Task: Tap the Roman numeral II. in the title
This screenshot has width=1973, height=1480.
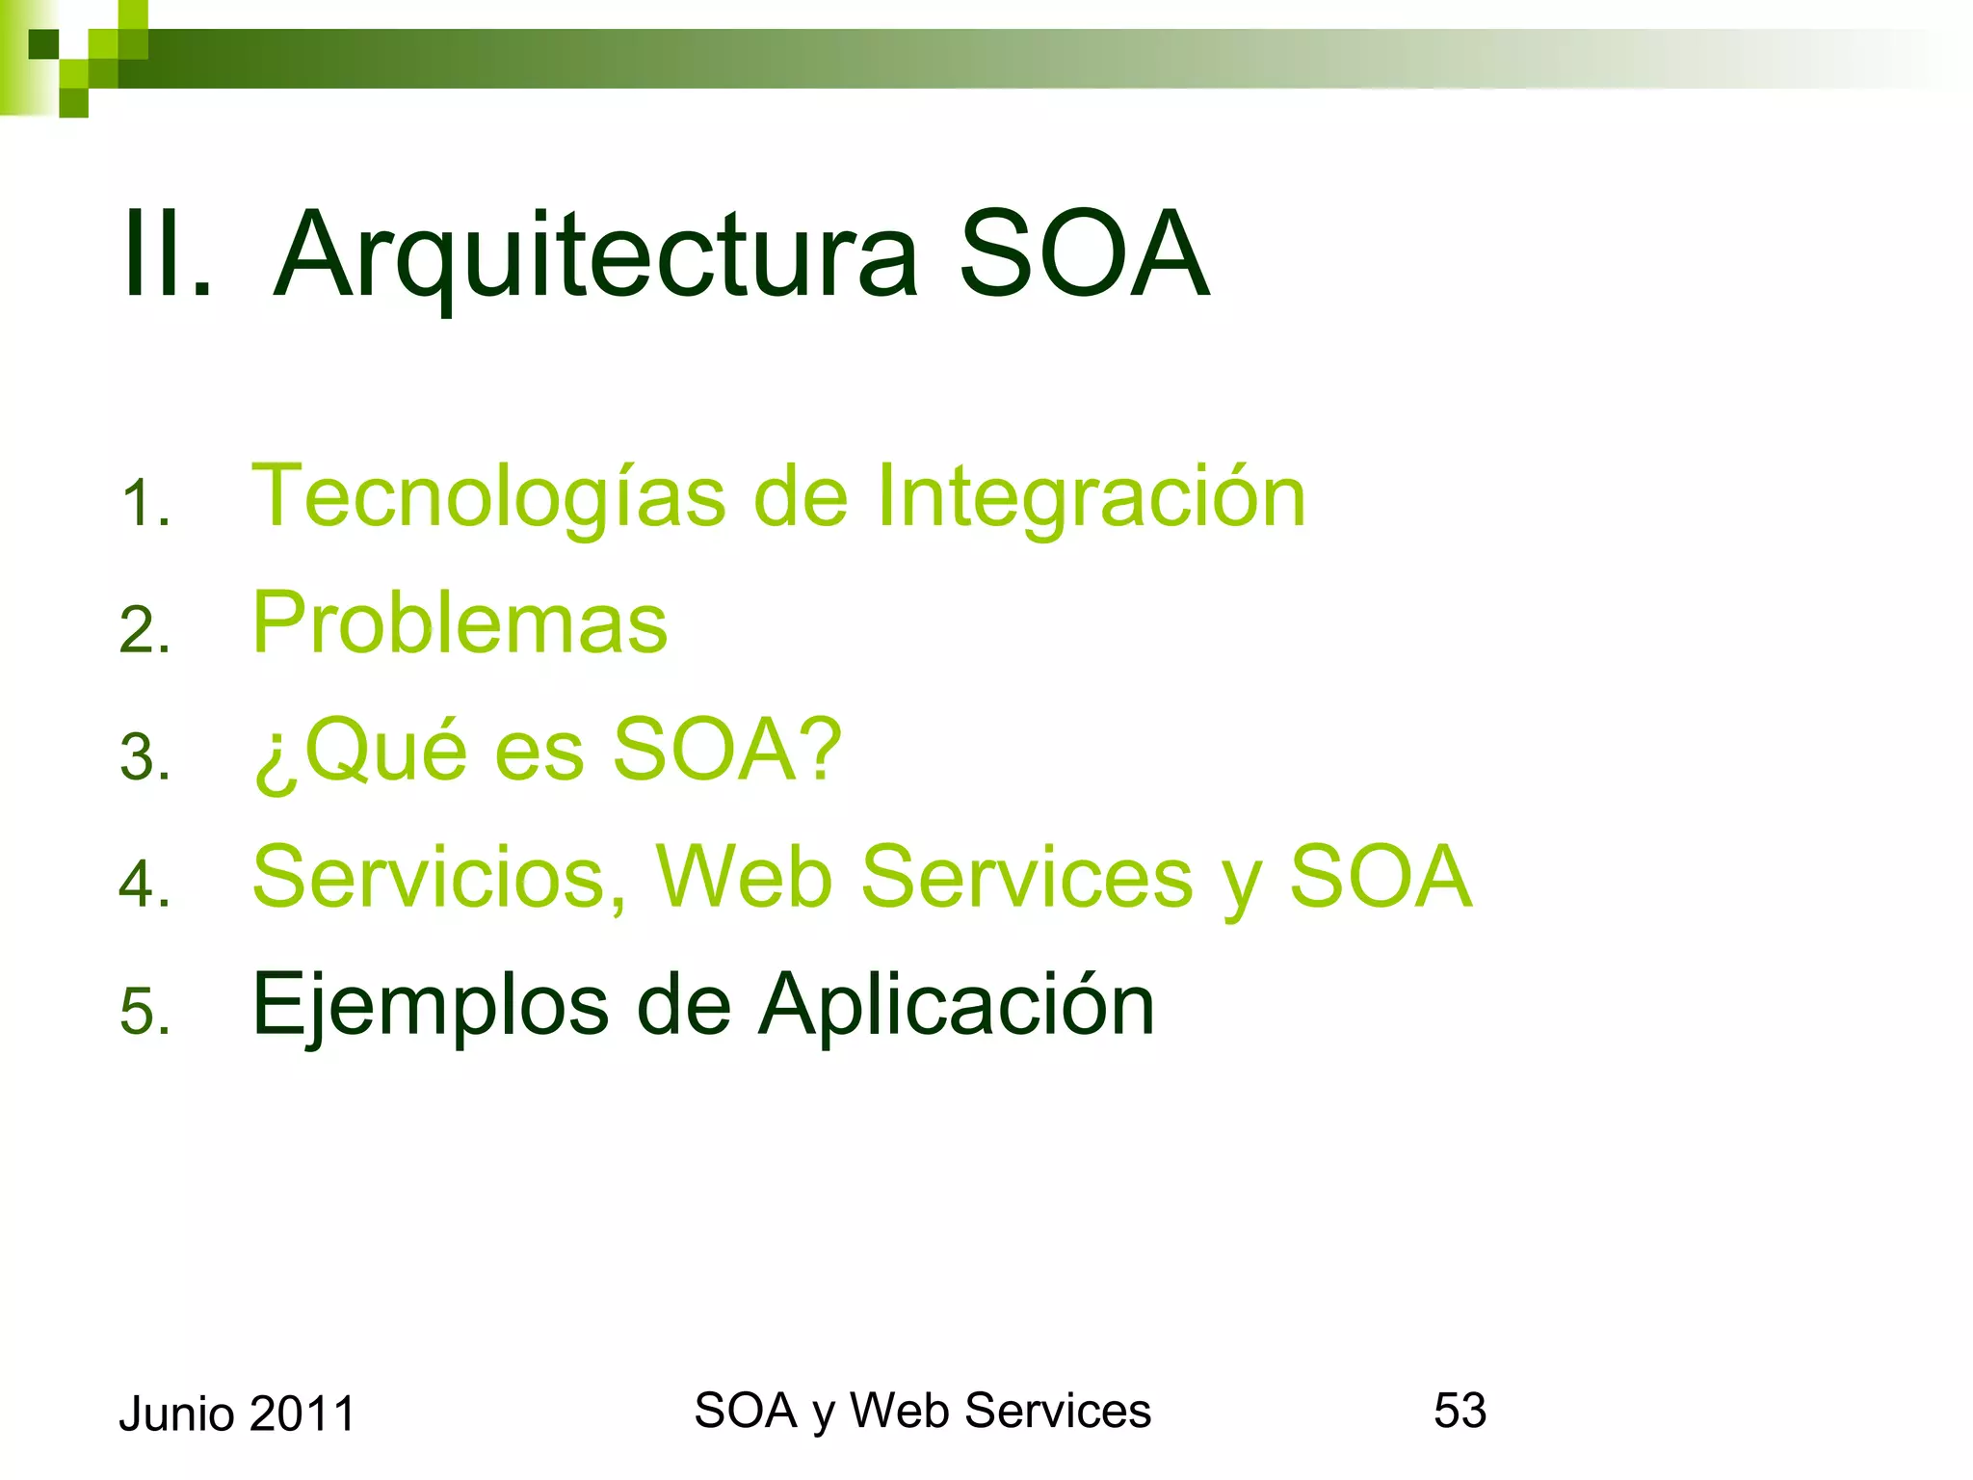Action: tap(167, 255)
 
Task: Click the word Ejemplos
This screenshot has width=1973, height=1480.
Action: tap(430, 1005)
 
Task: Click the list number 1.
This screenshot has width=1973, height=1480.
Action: tap(145, 504)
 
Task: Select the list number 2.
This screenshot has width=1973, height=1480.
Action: tap(145, 630)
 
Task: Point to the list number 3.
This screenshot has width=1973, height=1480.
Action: tap(145, 757)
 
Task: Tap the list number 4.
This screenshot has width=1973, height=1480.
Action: tap(145, 884)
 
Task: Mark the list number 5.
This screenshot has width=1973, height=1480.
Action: tap(145, 1012)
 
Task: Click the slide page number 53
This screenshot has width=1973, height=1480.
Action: tap(1460, 1411)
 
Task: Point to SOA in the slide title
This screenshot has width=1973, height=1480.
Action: tap(1084, 255)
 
